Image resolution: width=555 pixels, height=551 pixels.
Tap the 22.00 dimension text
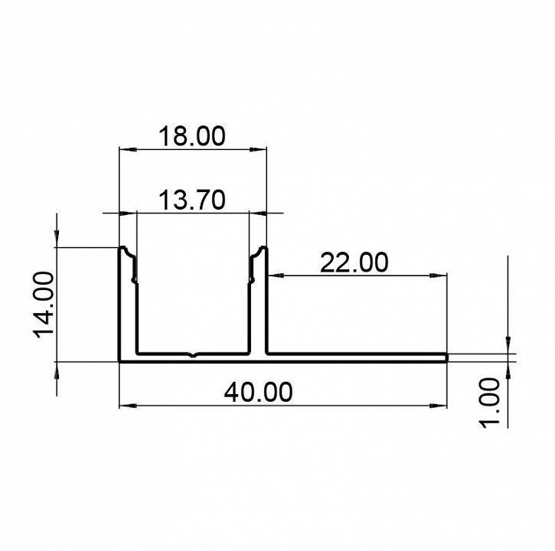354,262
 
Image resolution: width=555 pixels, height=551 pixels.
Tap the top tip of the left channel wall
122,248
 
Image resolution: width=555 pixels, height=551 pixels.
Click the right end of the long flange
446,357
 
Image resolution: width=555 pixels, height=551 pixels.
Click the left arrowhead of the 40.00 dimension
125,404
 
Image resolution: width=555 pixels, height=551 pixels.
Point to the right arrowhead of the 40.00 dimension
442,404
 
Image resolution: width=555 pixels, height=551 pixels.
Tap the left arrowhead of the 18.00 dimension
122,149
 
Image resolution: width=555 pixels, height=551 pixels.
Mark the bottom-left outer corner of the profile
119,360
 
